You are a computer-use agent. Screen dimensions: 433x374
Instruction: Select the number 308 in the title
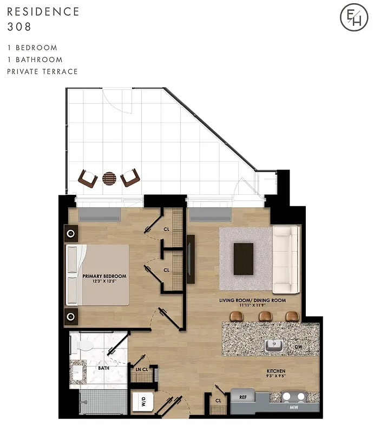tap(19, 25)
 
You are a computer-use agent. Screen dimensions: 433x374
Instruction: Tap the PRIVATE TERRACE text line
tap(42, 71)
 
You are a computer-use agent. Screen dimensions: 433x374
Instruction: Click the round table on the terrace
tap(110, 178)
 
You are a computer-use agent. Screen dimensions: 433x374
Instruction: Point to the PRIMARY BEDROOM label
tap(104, 276)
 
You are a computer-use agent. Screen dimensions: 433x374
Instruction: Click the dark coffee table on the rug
tap(243, 259)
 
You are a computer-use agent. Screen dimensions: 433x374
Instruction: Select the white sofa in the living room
tap(285, 259)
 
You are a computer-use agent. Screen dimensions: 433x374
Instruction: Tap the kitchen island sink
tap(274, 345)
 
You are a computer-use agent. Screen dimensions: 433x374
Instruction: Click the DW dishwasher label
tap(298, 347)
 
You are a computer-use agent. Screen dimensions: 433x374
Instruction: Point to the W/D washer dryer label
tap(144, 402)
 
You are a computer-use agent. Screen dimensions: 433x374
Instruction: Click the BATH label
tap(104, 368)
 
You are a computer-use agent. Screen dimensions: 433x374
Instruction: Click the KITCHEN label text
tap(275, 371)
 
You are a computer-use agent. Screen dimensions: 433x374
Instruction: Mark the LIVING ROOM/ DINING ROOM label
tap(252, 300)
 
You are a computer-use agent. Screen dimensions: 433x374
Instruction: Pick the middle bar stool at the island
tap(265, 316)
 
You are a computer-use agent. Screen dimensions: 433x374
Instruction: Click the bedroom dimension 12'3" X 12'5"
tap(104, 281)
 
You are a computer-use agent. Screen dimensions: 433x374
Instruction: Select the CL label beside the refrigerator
tap(218, 401)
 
